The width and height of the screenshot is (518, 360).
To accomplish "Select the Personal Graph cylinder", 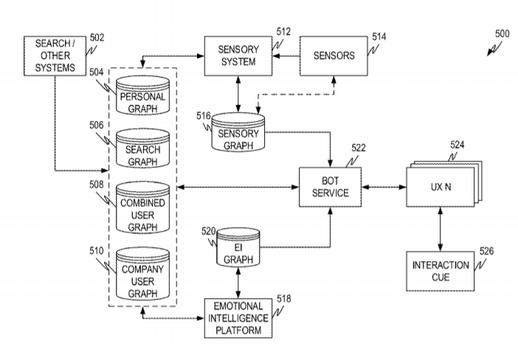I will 142,100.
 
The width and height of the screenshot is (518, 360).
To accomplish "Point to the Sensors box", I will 334,55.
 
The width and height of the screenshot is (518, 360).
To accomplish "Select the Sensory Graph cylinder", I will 240,135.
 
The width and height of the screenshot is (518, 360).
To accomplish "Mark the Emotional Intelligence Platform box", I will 236,317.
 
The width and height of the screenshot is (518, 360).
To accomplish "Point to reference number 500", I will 502,33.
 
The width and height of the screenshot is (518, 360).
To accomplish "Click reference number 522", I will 359,148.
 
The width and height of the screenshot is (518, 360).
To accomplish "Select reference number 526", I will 486,251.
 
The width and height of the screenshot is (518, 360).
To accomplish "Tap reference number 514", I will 379,35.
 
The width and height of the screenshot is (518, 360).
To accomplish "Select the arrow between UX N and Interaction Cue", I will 441,228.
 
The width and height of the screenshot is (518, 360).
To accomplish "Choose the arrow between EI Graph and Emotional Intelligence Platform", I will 238,283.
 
